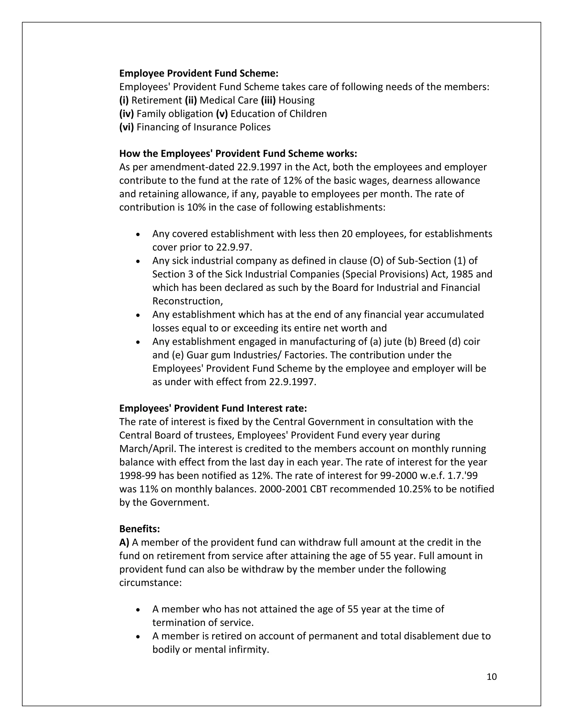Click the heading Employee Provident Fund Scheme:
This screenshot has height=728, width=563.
pyautogui.click(x=199, y=73)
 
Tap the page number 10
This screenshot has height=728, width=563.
pyautogui.click(x=492, y=677)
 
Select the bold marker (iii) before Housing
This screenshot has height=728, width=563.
pyautogui.click(x=268, y=100)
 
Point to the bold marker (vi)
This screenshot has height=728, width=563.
pyautogui.click(x=126, y=127)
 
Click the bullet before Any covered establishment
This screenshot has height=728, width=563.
pyautogui.click(x=138, y=234)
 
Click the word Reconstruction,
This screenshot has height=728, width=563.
pyautogui.click(x=187, y=301)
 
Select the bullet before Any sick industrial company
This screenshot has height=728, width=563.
pyautogui.click(x=138, y=261)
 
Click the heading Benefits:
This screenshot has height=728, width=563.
pyautogui.click(x=139, y=529)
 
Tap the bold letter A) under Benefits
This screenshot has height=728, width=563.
pyautogui.click(x=124, y=543)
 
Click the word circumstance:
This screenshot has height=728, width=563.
pyautogui.click(x=150, y=583)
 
